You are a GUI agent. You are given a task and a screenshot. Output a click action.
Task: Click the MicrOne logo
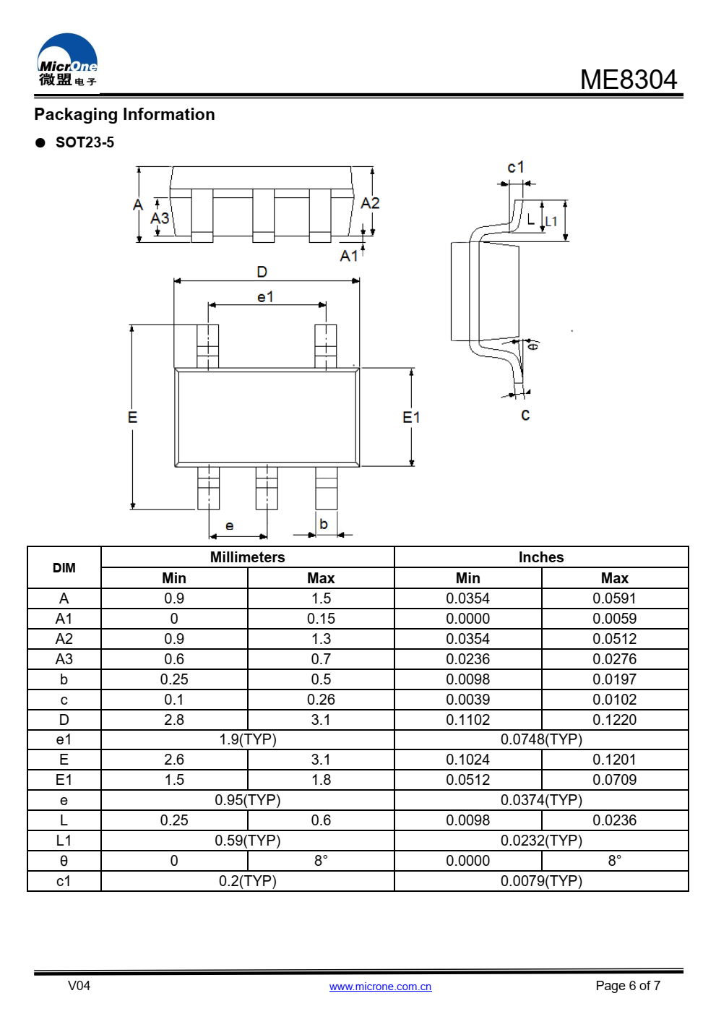tap(67, 60)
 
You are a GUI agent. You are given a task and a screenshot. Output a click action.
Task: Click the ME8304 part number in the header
tap(628, 80)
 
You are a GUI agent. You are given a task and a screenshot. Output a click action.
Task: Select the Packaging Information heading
tap(124, 114)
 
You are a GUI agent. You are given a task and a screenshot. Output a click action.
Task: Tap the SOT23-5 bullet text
tap(85, 142)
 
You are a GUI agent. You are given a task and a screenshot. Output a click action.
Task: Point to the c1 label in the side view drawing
tap(515, 167)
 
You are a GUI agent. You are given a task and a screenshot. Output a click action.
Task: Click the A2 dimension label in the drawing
tap(370, 203)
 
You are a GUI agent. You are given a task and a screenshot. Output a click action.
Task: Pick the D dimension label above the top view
tap(262, 272)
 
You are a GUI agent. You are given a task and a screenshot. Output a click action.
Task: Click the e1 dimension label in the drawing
tap(265, 297)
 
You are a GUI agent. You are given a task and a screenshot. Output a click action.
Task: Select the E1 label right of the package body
tap(411, 417)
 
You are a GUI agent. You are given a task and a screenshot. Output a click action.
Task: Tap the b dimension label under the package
tap(323, 524)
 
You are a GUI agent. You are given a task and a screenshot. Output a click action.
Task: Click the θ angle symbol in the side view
tap(534, 346)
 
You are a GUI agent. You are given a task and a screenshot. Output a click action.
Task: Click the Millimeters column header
tap(248, 557)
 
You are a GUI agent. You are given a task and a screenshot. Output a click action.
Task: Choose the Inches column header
tap(541, 557)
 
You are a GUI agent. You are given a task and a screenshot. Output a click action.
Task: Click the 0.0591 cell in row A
tap(615, 598)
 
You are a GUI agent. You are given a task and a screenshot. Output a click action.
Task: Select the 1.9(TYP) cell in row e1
tap(248, 739)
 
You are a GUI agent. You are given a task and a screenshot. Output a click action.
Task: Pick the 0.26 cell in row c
tap(321, 700)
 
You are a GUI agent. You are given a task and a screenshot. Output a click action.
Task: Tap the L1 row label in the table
tap(64, 841)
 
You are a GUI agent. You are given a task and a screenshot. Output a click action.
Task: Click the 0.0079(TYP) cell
tap(541, 881)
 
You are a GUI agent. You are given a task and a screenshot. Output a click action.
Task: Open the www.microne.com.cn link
tap(380, 987)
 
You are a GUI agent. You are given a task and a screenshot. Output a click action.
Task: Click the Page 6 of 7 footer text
tap(628, 986)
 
